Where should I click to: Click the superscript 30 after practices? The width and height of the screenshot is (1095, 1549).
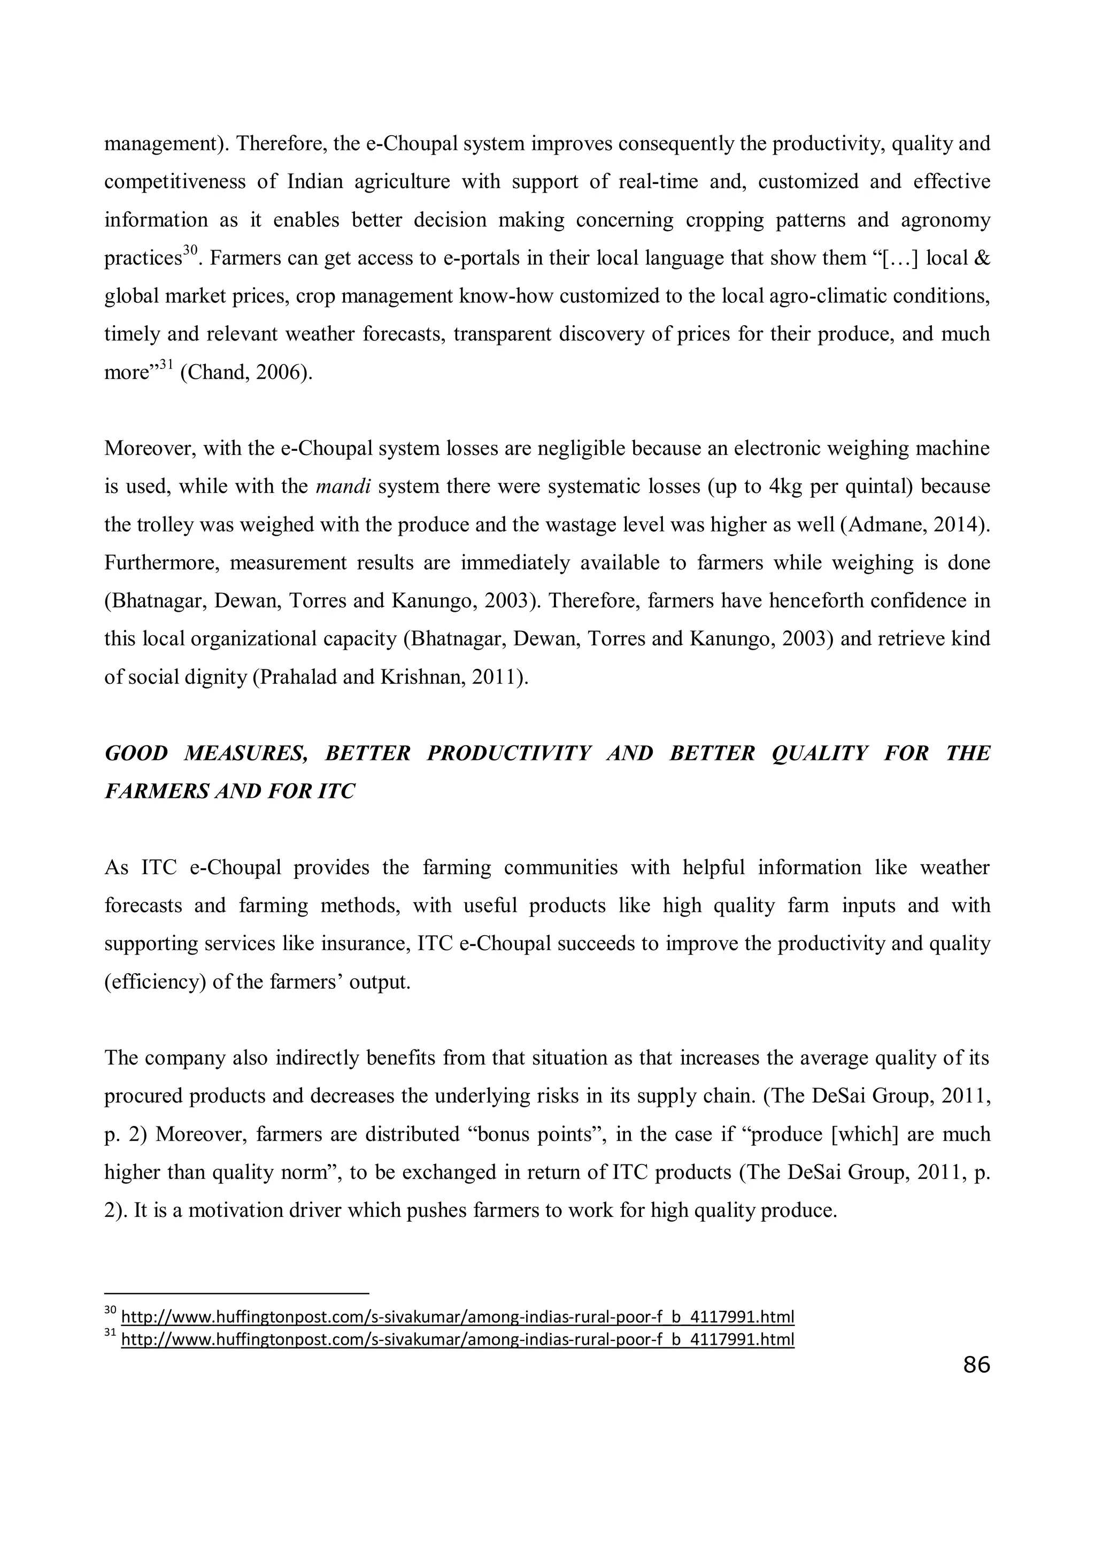pyautogui.click(x=190, y=250)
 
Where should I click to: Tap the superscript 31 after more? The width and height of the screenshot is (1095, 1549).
pyautogui.click(x=166, y=365)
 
